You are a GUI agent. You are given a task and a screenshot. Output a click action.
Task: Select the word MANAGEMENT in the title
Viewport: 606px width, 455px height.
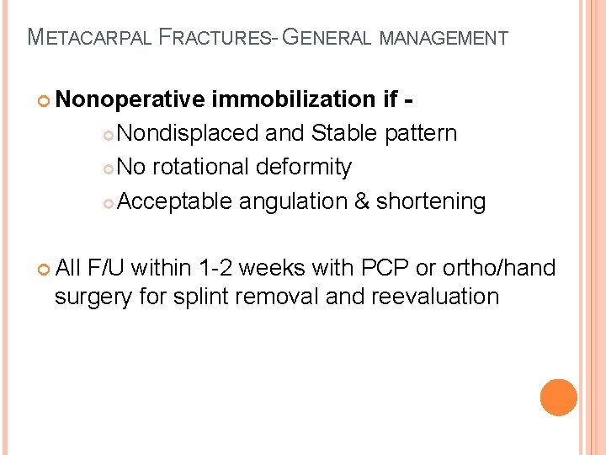444,38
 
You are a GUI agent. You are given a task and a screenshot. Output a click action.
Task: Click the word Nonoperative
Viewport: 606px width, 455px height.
132,100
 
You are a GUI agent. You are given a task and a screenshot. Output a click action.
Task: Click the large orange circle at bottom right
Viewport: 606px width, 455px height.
559,398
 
